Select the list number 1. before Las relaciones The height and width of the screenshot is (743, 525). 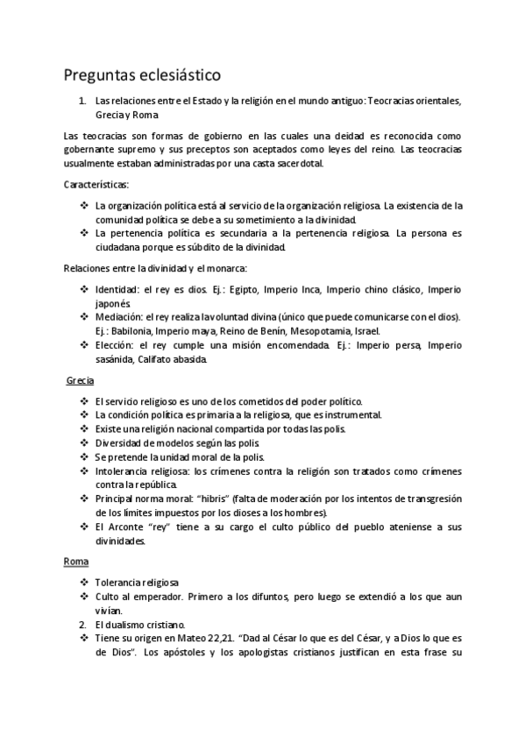coord(82,101)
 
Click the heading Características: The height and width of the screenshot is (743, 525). coord(96,185)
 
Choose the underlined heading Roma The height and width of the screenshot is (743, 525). coord(77,561)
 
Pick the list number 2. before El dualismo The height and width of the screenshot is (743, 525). coord(82,625)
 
